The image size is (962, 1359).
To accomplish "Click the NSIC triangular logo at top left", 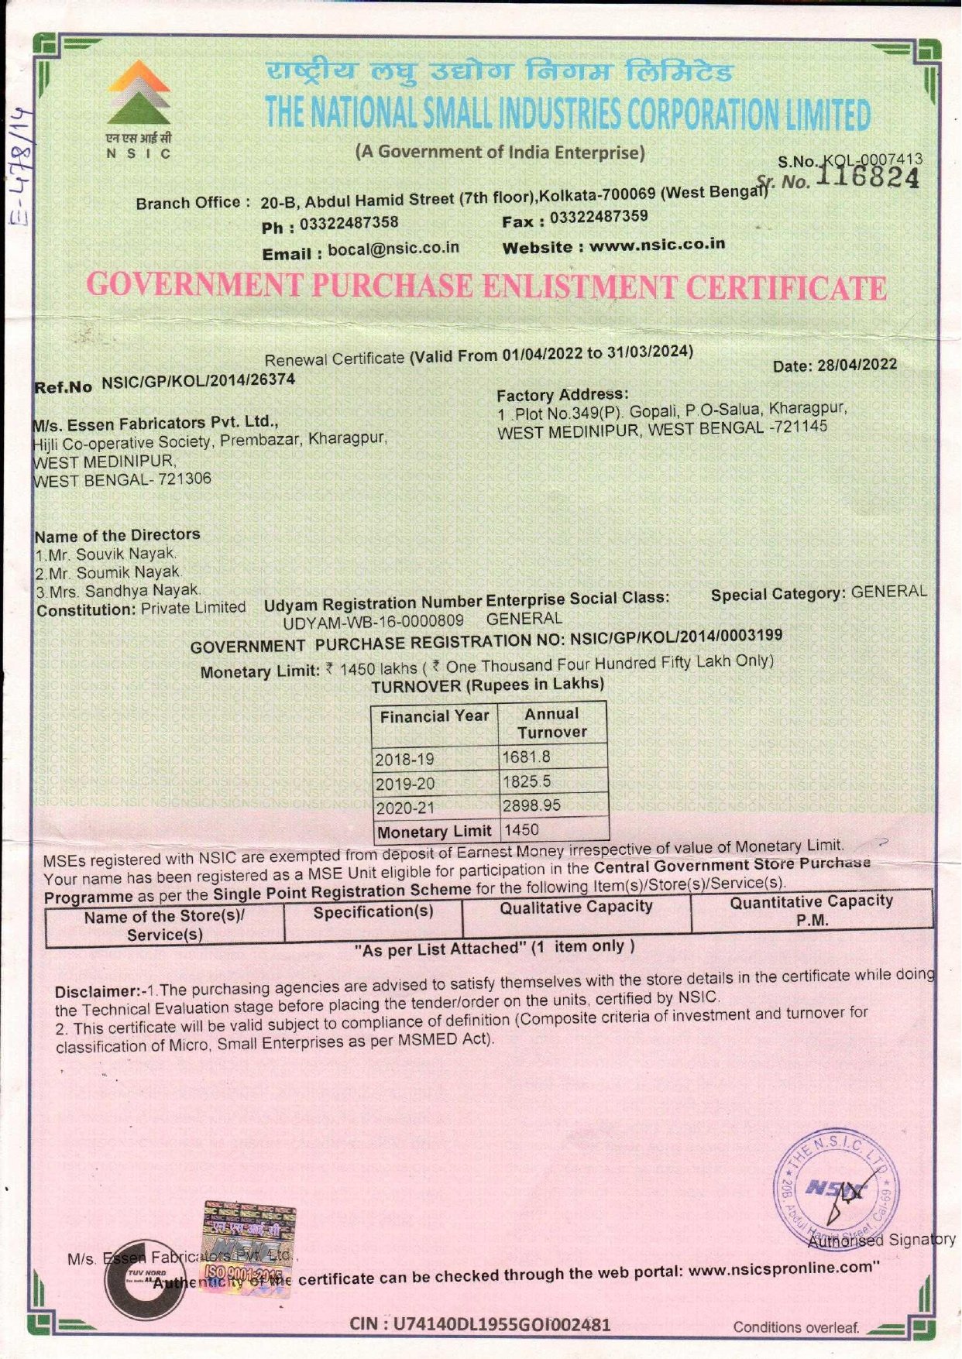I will click(x=139, y=94).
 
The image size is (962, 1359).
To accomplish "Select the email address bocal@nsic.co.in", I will click(x=393, y=249).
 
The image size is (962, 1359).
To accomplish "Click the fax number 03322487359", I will click(x=599, y=217).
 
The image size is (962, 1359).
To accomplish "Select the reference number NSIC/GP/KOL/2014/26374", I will click(x=198, y=380).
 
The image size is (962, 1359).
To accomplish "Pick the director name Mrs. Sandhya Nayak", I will click(x=118, y=591).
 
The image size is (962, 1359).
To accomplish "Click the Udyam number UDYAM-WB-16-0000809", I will click(x=373, y=621).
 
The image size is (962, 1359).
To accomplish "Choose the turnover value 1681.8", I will click(x=526, y=757).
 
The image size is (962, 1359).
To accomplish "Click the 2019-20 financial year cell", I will click(x=405, y=784).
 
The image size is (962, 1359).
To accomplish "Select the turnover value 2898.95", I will click(x=531, y=805).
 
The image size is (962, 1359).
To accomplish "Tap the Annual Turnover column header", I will click(x=551, y=723).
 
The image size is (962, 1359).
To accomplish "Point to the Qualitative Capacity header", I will click(x=575, y=907).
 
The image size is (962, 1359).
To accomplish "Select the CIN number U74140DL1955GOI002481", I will click(x=480, y=1323).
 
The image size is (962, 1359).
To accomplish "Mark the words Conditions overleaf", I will click(x=796, y=1327).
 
